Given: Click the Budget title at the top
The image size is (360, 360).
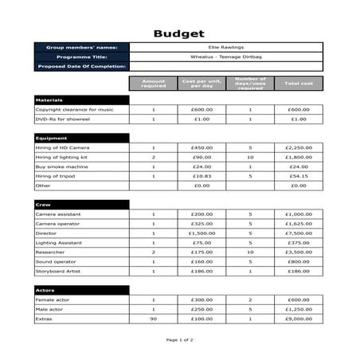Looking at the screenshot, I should click(179, 33).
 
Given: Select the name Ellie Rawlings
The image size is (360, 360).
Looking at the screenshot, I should click(226, 48).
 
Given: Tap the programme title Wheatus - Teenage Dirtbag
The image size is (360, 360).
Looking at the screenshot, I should click(226, 57).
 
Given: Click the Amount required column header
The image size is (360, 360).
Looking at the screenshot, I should click(154, 83).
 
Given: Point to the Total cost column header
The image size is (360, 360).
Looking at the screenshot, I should click(299, 83).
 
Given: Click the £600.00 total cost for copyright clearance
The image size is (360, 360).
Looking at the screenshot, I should click(299, 109).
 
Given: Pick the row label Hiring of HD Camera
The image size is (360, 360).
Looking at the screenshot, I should click(63, 147).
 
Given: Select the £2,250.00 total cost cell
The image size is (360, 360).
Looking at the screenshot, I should click(299, 147).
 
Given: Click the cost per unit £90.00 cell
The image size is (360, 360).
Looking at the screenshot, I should click(202, 157).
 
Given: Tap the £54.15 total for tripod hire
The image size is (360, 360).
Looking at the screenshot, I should click(299, 176).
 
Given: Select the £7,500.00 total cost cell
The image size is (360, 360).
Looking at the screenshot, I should click(299, 233).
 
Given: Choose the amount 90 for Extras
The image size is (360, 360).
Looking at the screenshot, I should click(154, 319).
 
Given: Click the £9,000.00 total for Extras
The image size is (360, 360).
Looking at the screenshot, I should click(299, 319).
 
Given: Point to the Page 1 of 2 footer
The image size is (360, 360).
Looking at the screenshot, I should click(179, 339).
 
